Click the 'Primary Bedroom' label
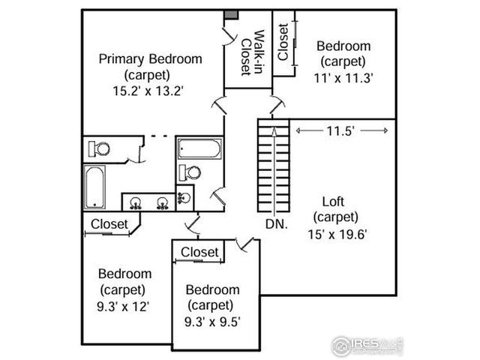pos(150,58)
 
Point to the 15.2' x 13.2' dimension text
pos(148,90)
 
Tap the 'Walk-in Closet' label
pos(250,52)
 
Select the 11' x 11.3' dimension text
pos(344,76)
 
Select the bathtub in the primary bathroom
pos(94,187)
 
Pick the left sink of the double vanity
pos(137,202)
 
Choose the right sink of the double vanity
pos(162,202)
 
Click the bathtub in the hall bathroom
pos(199,148)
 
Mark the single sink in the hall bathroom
pos(184,199)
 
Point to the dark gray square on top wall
pos(232,14)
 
